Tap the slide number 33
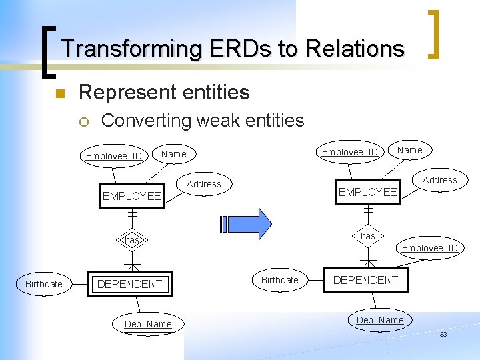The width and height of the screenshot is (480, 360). [443, 334]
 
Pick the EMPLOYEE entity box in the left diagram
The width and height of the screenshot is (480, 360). [131, 196]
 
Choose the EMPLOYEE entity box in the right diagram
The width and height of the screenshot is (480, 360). [367, 192]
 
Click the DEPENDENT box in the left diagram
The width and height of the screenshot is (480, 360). [129, 284]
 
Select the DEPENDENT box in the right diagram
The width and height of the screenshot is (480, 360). [365, 280]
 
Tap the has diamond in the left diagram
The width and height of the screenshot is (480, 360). [131, 240]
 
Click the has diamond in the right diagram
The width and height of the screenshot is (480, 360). [368, 236]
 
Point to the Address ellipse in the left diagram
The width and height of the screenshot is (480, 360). [204, 184]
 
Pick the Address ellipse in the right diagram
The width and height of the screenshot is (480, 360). [440, 180]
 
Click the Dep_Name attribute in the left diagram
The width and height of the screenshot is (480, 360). [148, 325]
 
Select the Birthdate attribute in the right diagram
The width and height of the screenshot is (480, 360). [280, 280]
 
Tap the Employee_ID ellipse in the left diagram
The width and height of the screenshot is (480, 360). [114, 156]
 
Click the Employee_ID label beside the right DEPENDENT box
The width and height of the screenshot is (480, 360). [430, 248]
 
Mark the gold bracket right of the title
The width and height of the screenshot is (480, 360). [434, 33]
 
